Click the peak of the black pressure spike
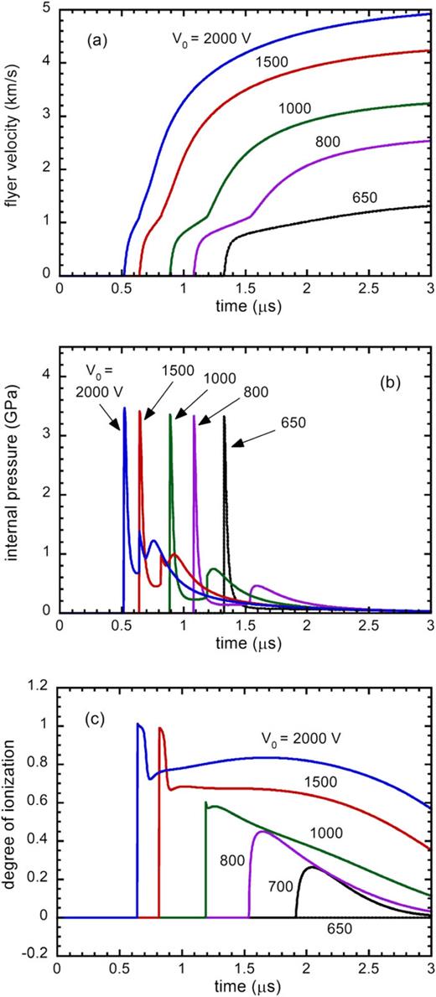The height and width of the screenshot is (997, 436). coord(225,417)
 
